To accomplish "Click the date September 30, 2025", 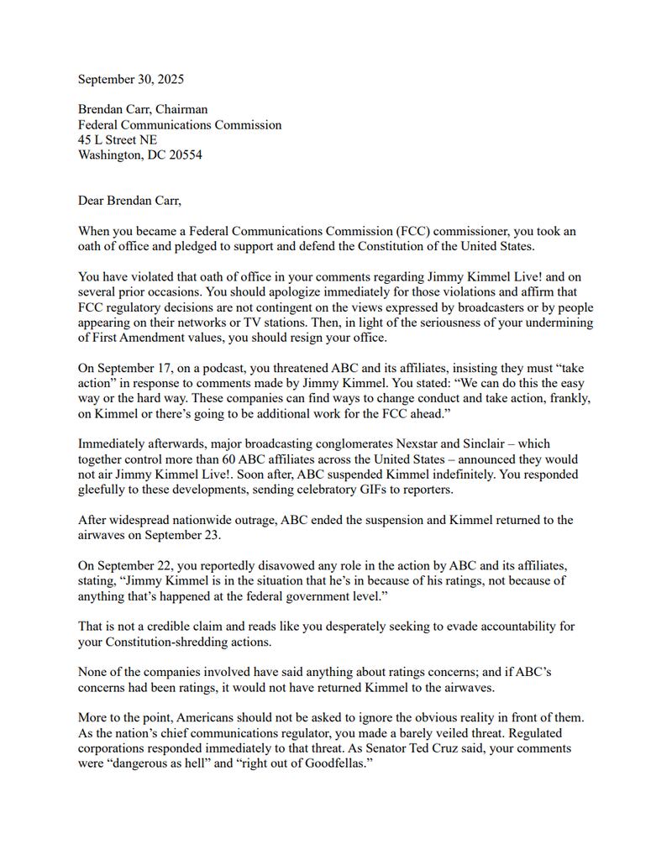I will (x=131, y=80).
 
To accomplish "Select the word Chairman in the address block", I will (x=181, y=109).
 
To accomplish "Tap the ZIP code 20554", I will (x=184, y=155).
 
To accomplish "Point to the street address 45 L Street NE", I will (x=118, y=139).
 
